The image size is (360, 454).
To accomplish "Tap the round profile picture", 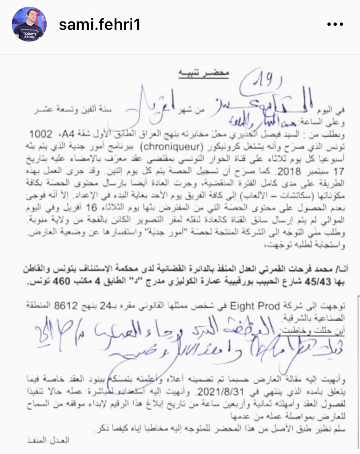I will [x=29, y=25].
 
